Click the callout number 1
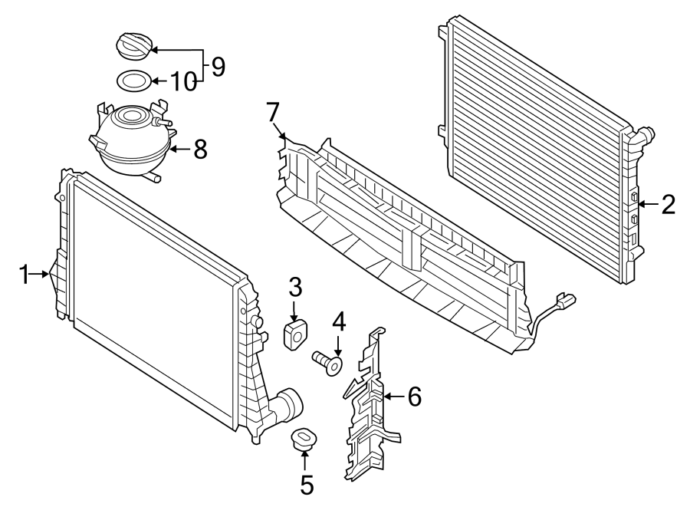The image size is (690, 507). pos(24,273)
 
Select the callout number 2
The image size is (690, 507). pos(668,204)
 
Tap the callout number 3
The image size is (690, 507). pos(295,288)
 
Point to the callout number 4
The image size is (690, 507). pos(339,320)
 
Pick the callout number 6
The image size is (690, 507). pos(413,397)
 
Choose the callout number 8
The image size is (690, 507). pos(200,149)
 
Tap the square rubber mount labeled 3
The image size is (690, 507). pos(295,334)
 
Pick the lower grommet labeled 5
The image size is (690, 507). pos(304,440)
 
